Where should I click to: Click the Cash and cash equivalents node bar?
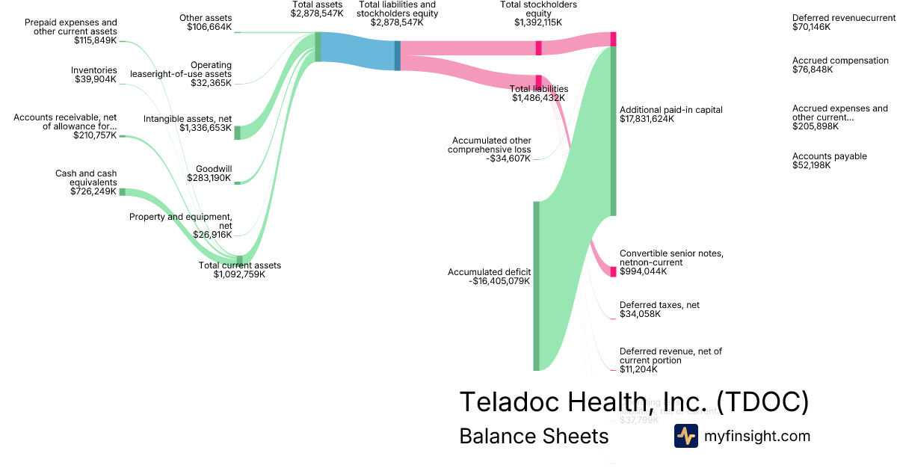pyautogui.click(x=123, y=192)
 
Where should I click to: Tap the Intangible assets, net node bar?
pyautogui.click(x=238, y=132)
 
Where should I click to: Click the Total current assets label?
pyautogui.click(x=239, y=265)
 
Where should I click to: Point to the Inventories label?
pyautogui.click(x=94, y=70)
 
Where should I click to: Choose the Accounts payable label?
pyautogui.click(x=829, y=156)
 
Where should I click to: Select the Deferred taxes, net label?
pyautogui.click(x=659, y=305)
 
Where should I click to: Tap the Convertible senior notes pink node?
pyautogui.click(x=613, y=271)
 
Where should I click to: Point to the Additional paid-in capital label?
pyautogui.click(x=671, y=110)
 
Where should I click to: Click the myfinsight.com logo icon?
pyautogui.click(x=685, y=436)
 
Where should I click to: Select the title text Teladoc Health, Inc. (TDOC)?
pyautogui.click(x=634, y=402)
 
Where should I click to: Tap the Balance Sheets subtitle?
pyautogui.click(x=534, y=437)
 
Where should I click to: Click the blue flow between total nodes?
pyautogui.click(x=357, y=51)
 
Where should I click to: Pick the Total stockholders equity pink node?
pyautogui.click(x=538, y=48)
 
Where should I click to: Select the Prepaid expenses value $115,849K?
pyautogui.click(x=95, y=40)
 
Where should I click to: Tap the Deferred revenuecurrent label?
pyautogui.click(x=843, y=17)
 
